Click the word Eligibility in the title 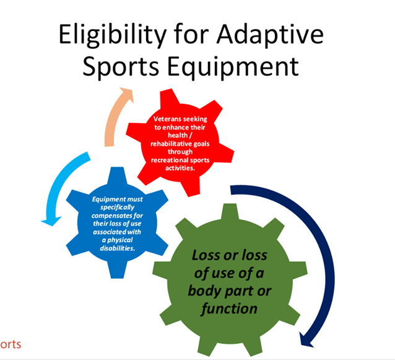[x=112, y=35]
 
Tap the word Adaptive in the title [x=270, y=35]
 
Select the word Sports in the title [x=121, y=66]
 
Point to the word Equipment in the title [x=233, y=66]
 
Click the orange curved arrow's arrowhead [x=127, y=94]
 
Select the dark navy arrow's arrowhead [x=306, y=340]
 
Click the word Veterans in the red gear [x=167, y=119]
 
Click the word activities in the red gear [x=180, y=168]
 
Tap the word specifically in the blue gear [x=118, y=208]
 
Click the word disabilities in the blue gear [x=118, y=248]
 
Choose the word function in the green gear [x=229, y=309]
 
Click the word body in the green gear [x=204, y=291]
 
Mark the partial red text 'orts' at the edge [x=11, y=345]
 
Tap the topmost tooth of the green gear [x=230, y=211]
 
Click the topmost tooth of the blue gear [x=117, y=175]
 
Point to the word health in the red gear [x=178, y=135]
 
